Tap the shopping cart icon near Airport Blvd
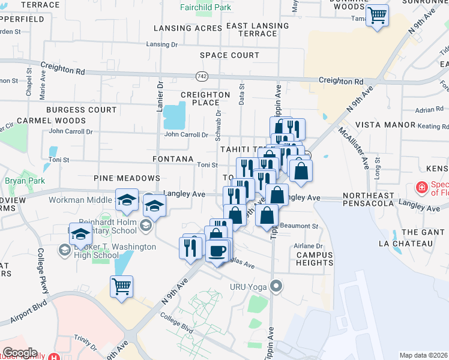tap(122, 287)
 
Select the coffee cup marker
tap(217, 250)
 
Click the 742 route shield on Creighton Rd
tap(201, 76)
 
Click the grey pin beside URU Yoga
tap(276, 286)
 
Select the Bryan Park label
tap(21, 180)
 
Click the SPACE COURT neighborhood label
tap(230, 55)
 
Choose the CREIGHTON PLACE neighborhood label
tap(205, 98)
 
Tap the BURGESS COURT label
tap(82, 110)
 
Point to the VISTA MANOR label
tap(385, 125)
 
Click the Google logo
tap(19, 353)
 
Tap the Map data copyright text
tap(423, 355)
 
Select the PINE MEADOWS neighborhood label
tap(127, 178)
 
